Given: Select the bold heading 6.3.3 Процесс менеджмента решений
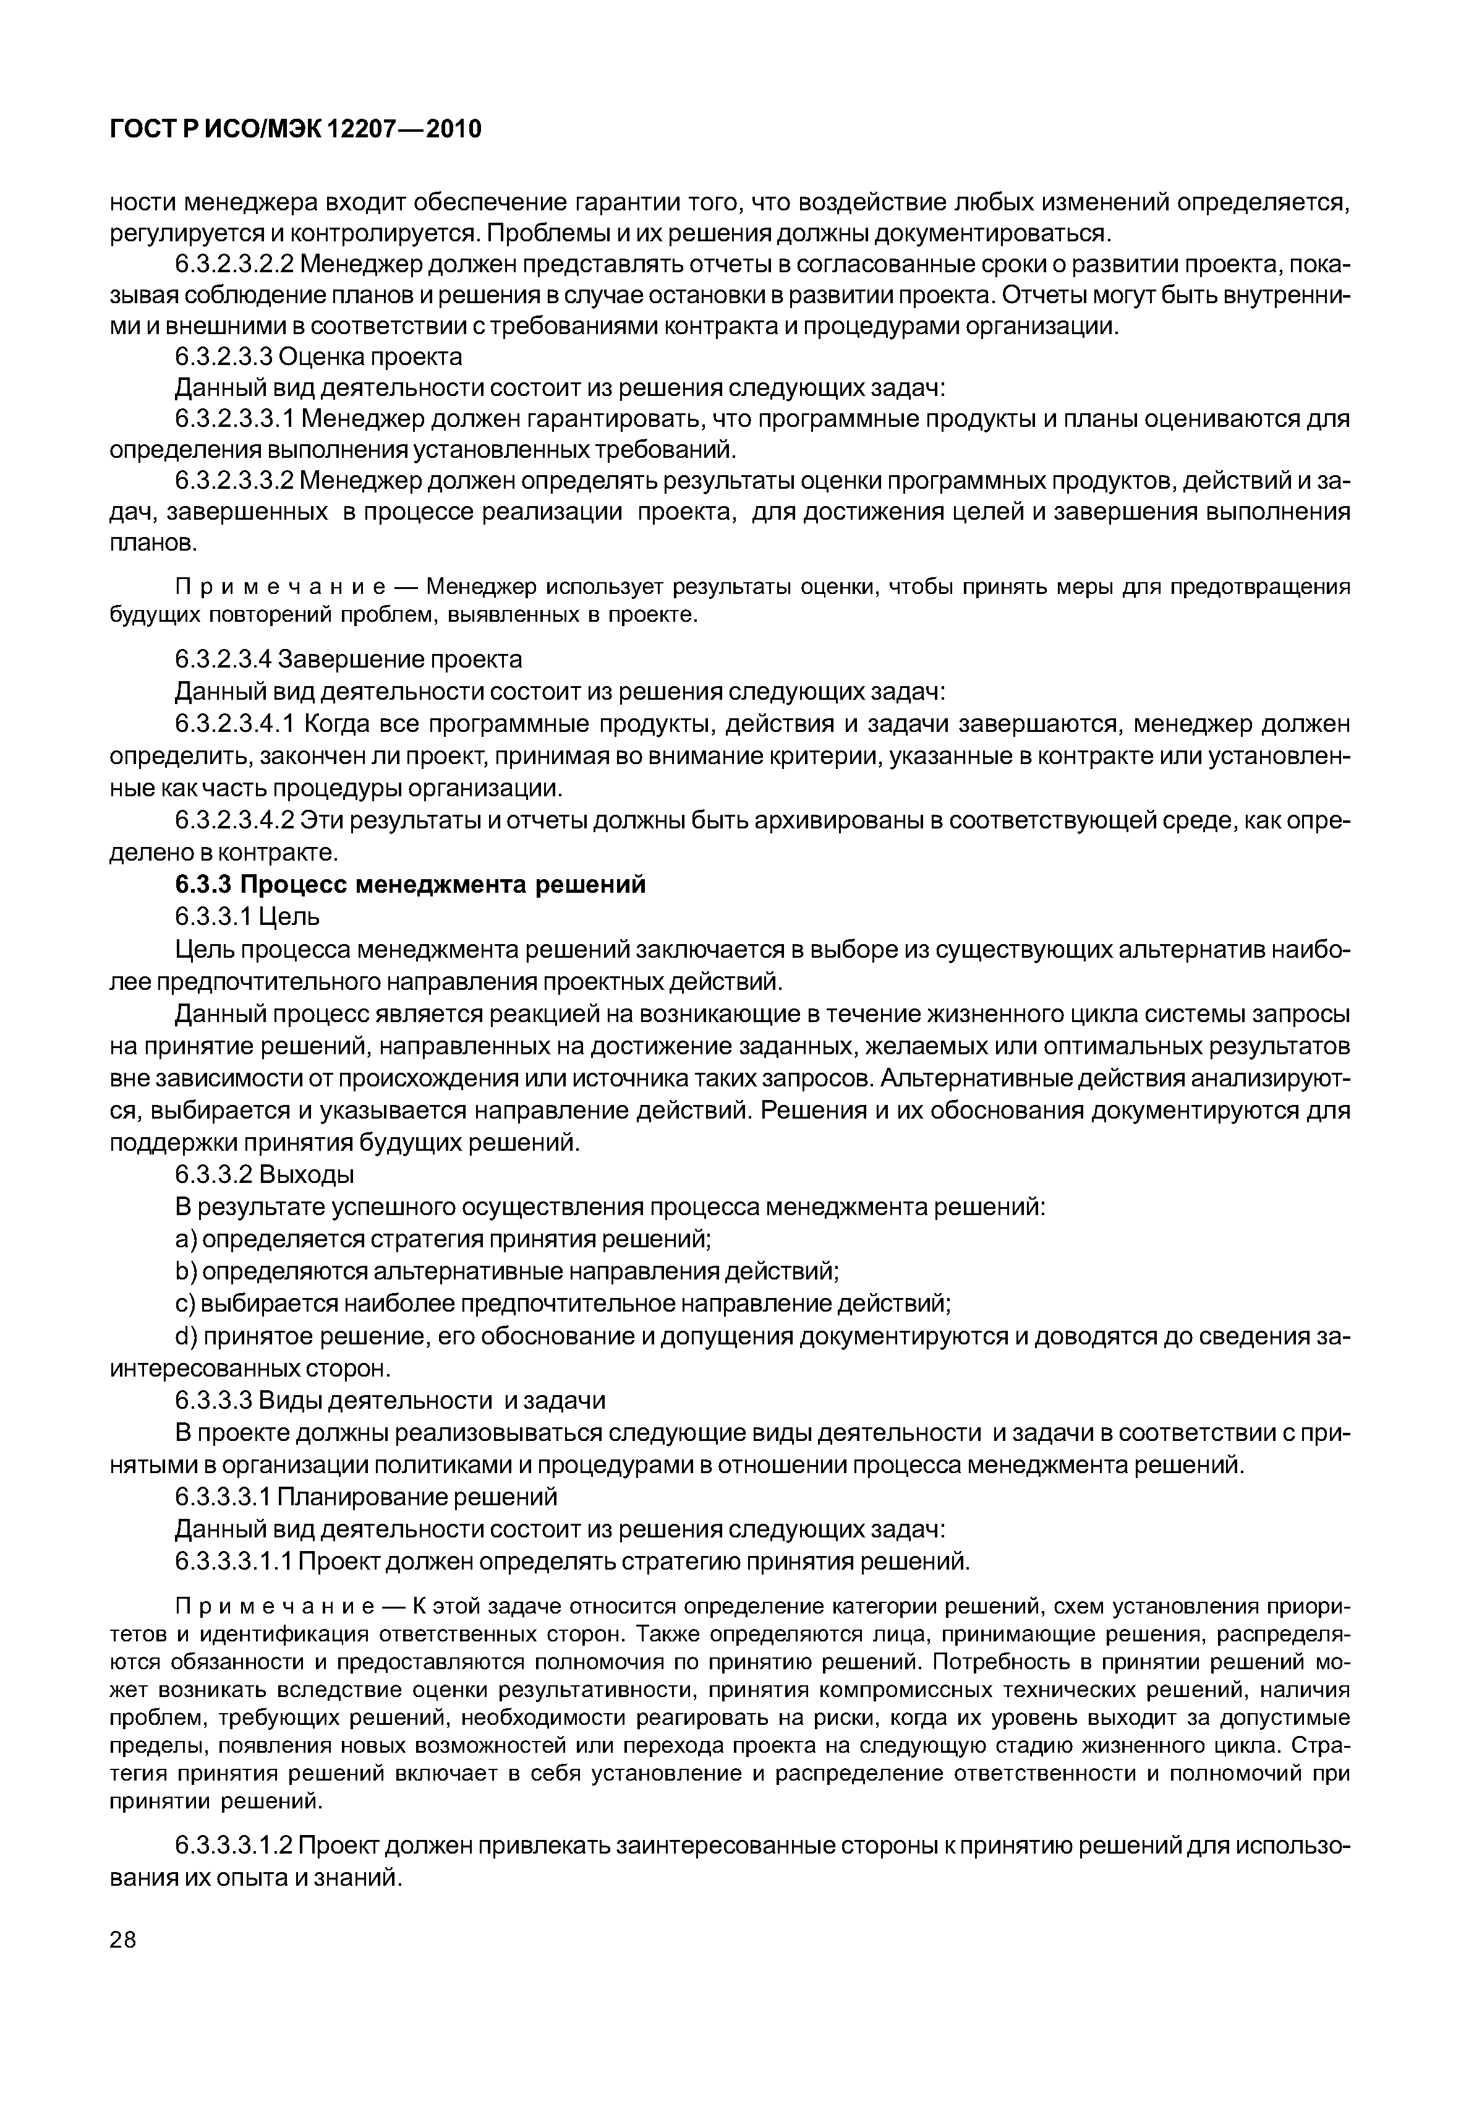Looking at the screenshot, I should (x=410, y=885).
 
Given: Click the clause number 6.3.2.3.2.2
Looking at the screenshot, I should (x=234, y=265).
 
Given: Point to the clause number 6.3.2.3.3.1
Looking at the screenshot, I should (x=234, y=419).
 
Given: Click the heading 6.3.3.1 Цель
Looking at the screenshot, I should (x=247, y=917).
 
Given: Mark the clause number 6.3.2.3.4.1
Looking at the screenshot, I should (x=234, y=724).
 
